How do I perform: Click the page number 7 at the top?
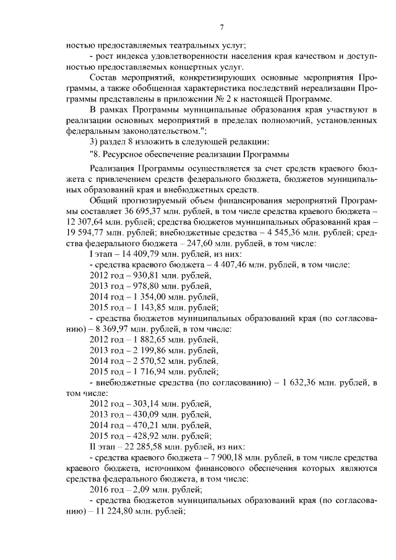[221, 27]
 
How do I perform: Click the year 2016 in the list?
[100, 489]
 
